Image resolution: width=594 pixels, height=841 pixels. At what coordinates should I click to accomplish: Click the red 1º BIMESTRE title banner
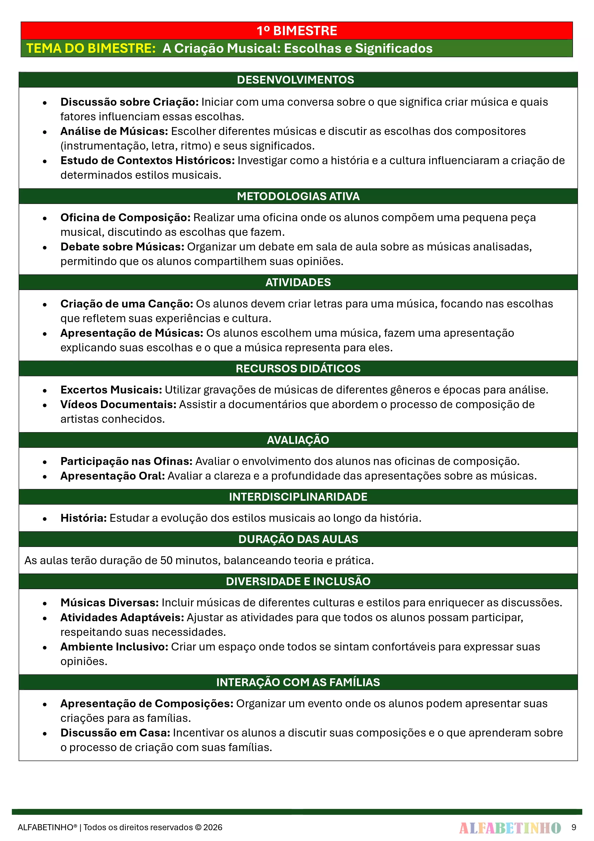click(296, 31)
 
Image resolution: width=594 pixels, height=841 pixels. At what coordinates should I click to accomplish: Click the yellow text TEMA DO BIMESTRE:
click(91, 48)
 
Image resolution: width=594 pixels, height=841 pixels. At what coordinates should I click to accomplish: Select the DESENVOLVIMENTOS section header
click(295, 80)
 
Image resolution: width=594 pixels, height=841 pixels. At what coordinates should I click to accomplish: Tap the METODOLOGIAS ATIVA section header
click(298, 196)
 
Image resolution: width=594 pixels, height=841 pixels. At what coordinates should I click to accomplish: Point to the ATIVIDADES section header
click(298, 282)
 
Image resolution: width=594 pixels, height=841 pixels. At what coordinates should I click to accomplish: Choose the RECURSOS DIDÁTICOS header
click(298, 368)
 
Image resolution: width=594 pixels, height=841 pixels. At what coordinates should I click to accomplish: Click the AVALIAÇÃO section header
click(298, 440)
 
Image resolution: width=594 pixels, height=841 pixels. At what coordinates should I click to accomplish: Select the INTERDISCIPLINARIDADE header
click(298, 497)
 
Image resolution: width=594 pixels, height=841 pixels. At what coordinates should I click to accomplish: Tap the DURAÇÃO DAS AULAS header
click(298, 539)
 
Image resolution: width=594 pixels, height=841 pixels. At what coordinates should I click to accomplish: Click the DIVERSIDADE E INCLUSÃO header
click(298, 581)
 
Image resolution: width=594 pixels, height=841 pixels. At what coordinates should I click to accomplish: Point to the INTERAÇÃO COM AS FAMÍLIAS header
click(298, 682)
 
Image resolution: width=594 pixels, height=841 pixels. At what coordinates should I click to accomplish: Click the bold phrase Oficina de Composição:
click(125, 218)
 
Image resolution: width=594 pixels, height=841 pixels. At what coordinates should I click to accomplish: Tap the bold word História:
click(84, 518)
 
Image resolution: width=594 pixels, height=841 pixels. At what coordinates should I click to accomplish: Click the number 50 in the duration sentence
click(166, 560)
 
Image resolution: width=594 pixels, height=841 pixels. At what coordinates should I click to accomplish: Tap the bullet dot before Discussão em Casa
click(45, 734)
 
